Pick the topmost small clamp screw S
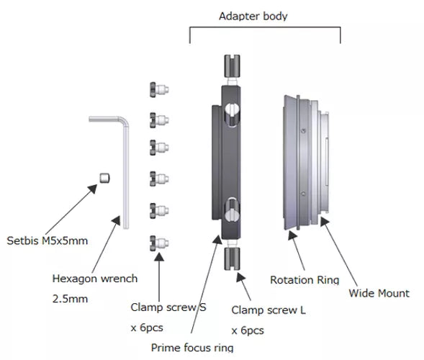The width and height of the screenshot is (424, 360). pyautogui.click(x=159, y=89)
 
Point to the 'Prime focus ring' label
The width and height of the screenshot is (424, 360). pyautogui.click(x=193, y=347)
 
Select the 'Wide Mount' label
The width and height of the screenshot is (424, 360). pyautogui.click(x=379, y=293)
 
